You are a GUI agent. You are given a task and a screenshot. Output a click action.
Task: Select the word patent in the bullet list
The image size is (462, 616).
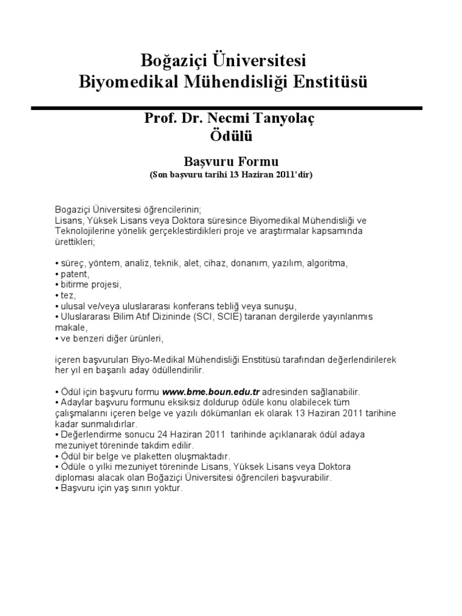pos(75,274)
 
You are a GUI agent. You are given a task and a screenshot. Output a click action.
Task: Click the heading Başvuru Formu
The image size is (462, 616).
pos(231,162)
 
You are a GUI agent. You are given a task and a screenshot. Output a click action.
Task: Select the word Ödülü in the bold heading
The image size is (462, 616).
pos(231,137)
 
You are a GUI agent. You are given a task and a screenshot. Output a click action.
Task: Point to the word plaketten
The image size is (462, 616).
pos(136,457)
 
